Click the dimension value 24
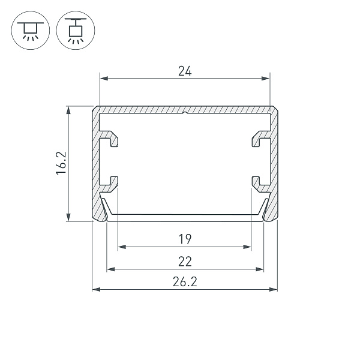click(x=185, y=71)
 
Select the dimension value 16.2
click(x=61, y=163)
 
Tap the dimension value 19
click(x=185, y=239)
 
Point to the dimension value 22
click(x=185, y=261)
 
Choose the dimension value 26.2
click(x=185, y=281)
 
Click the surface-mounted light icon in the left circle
click(x=31, y=31)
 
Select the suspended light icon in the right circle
click(x=76, y=31)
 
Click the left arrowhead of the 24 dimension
click(x=104, y=79)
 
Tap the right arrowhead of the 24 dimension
click(x=266, y=79)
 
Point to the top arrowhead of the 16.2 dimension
click(x=68, y=110)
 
